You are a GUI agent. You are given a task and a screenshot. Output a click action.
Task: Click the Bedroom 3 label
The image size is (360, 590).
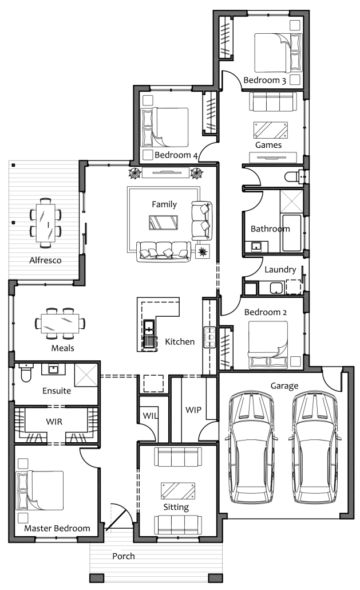264,80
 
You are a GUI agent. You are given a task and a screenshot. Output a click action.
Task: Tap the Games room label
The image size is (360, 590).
268,145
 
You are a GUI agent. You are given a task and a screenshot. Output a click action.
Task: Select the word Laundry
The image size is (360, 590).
280,270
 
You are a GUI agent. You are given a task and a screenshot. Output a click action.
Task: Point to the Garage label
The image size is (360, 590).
284,386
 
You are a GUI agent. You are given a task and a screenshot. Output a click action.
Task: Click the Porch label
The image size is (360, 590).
123,556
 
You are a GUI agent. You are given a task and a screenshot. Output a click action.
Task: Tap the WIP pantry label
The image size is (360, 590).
193,410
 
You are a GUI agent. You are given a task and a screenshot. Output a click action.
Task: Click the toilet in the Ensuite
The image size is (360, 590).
26,372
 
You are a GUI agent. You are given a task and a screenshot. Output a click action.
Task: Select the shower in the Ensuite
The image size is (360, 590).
86,375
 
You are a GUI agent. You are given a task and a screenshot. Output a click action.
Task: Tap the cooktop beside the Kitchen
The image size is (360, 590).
209,337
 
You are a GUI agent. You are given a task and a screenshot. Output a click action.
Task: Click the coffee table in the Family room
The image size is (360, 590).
164,222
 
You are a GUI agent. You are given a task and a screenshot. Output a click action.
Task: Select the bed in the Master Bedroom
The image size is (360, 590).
39,490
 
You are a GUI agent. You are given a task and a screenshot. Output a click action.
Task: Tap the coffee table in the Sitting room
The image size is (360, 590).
178,491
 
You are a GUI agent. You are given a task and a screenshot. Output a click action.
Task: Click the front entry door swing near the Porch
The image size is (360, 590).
120,517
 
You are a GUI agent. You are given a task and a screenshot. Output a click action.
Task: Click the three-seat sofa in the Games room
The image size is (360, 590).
273,101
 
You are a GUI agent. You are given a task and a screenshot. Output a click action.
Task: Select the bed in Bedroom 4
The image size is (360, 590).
164,127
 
